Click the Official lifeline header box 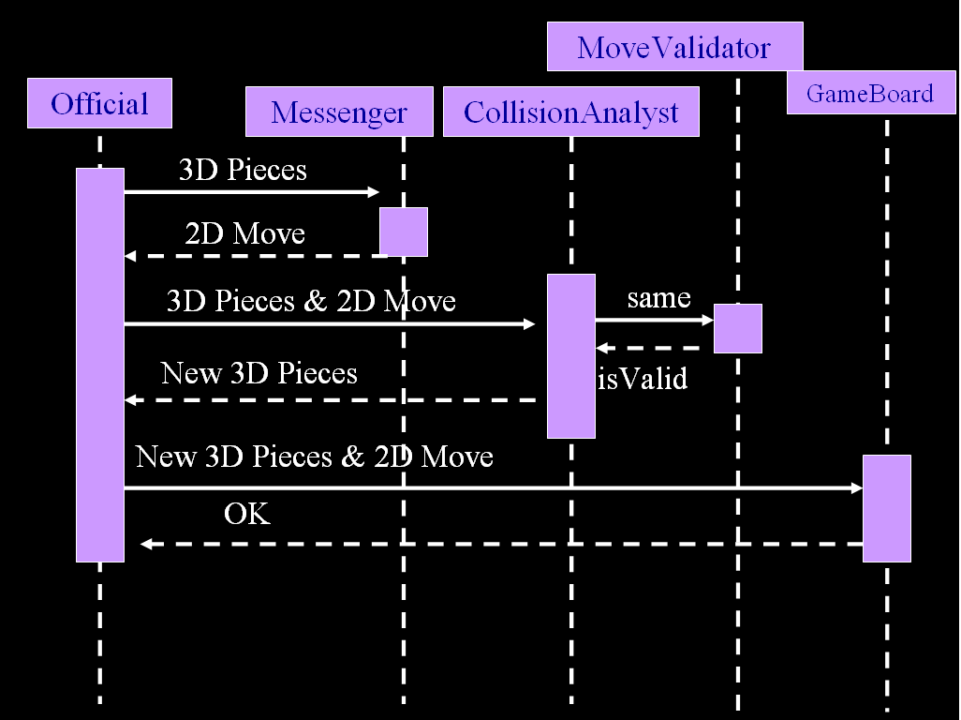(x=99, y=103)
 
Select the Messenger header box (x=339, y=112)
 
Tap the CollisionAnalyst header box (x=570, y=112)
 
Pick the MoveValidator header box (x=674, y=47)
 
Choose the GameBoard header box (x=870, y=93)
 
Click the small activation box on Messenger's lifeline (x=404, y=232)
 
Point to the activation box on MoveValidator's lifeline (x=738, y=328)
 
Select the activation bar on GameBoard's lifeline (x=886, y=508)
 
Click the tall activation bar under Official (x=100, y=365)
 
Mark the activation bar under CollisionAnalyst (x=571, y=355)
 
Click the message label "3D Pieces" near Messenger (x=243, y=170)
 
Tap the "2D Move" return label (x=244, y=232)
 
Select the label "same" (x=658, y=298)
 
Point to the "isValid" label (x=643, y=378)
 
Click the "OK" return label (x=247, y=514)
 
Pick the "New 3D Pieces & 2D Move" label (x=314, y=457)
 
